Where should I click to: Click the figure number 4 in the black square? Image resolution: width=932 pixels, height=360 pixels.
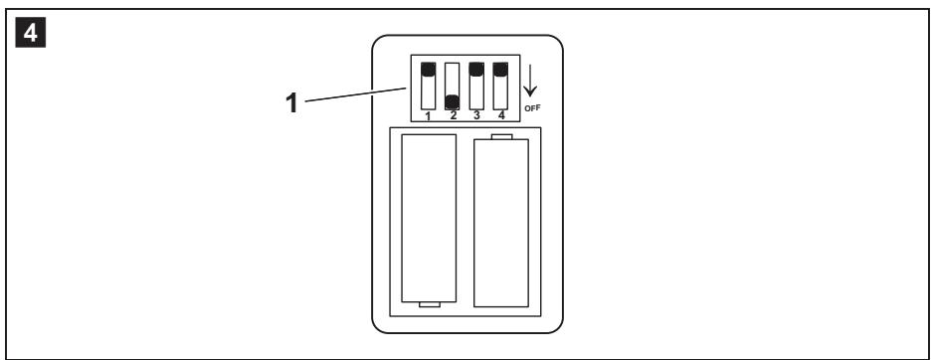pos(30,34)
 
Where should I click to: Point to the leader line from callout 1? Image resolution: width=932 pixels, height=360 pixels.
pos(355,94)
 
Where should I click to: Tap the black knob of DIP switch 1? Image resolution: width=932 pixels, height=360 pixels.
pos(428,70)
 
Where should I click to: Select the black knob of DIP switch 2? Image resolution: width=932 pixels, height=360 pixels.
pos(453,101)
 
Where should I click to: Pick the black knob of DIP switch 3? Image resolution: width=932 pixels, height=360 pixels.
pos(476,70)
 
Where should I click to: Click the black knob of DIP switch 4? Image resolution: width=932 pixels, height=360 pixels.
pos(500,70)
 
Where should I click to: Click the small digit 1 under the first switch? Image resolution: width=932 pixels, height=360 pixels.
pos(428,115)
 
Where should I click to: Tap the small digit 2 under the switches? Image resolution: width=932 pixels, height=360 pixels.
pos(453,115)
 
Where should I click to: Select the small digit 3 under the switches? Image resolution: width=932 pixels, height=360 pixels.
pos(476,115)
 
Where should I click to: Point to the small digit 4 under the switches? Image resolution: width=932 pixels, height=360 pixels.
pos(501,115)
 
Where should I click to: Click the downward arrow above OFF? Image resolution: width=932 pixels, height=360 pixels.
pos(529,81)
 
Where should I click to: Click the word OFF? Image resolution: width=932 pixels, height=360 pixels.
pos(532,108)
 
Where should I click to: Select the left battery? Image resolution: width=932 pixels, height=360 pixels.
pos(429,218)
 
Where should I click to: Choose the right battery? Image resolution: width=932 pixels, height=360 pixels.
pos(501,223)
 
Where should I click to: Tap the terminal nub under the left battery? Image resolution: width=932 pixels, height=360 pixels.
pos(429,304)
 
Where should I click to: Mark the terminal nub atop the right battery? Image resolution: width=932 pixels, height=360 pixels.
pos(501,137)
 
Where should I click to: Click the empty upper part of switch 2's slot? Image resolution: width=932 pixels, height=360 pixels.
pos(453,78)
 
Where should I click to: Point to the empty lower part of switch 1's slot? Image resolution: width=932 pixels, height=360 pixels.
pos(428,92)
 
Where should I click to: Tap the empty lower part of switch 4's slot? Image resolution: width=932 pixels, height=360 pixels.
pos(500,92)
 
